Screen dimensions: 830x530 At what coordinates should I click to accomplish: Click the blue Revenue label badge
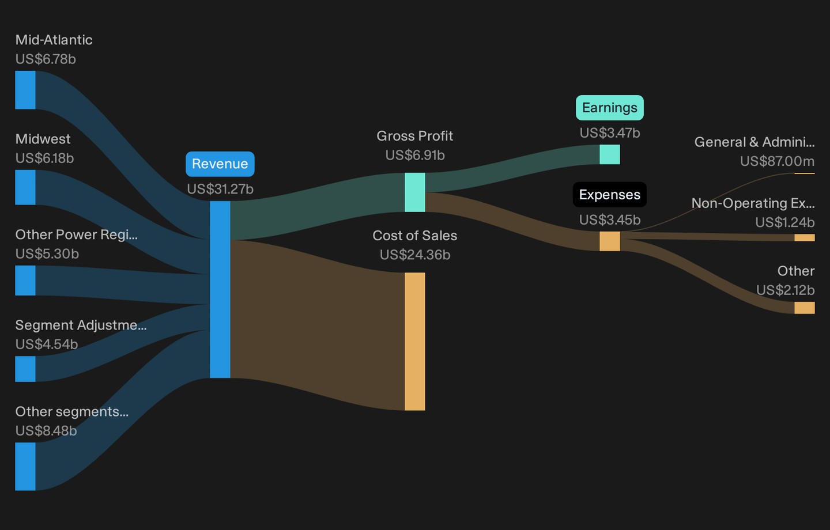220,164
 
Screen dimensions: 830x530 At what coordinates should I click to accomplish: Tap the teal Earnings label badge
610,108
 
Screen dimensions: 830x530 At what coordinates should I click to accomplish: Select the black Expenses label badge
610,195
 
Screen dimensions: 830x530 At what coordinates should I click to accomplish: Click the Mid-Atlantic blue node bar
25,90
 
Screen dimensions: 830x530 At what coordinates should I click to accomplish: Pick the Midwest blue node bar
25,187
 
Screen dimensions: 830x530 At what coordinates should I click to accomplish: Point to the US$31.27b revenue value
220,189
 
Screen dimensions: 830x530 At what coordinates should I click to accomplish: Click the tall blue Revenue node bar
220,290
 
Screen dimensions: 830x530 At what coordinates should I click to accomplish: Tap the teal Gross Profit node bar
414,192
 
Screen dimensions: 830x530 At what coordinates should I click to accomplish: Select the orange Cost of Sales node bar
414,342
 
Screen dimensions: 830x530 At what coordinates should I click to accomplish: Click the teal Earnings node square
610,154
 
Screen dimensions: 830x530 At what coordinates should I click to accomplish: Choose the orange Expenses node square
610,241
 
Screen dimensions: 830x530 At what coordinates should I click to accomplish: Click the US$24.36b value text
415,255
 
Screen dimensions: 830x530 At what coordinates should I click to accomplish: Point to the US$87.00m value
777,161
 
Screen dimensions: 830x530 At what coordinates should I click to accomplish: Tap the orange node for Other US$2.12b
805,308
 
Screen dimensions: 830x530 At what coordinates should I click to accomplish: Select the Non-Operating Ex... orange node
805,238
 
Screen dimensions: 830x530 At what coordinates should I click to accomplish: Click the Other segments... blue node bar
25,466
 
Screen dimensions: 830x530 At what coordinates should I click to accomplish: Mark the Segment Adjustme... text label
81,325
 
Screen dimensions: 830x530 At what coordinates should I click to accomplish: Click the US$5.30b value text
47,253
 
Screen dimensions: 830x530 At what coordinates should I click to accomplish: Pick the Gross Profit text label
414,136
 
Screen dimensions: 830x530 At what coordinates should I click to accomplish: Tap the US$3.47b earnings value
610,133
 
